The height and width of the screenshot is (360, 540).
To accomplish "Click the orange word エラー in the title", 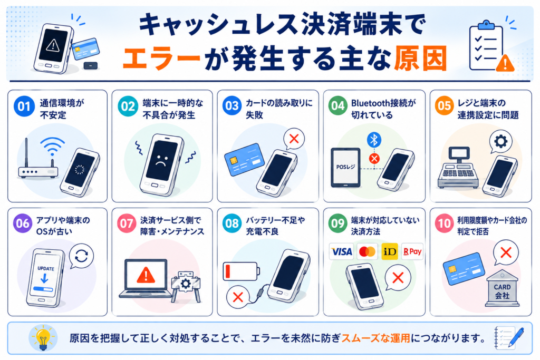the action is tap(161, 59).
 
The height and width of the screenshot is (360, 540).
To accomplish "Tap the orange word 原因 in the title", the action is tap(421, 58).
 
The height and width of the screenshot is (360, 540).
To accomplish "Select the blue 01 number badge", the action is tap(24, 106).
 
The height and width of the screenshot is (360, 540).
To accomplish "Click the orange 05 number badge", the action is tap(444, 105).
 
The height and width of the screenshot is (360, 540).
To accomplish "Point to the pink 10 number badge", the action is tap(444, 223).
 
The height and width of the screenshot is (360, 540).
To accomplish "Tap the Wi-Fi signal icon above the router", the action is tap(52, 146).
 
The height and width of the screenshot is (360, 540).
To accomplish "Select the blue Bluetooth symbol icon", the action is tap(374, 140).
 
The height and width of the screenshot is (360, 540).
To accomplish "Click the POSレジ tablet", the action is tap(345, 168).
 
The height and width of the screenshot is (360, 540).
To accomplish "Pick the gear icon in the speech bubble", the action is tap(501, 141).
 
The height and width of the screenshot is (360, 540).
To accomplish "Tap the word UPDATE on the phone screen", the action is tap(46, 268).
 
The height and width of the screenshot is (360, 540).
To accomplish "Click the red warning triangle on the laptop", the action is tap(146, 275).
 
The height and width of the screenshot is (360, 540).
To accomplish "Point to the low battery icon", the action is tap(241, 271).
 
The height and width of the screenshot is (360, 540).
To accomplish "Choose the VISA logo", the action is tap(341, 251).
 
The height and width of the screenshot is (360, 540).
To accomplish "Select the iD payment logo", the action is tap(390, 251).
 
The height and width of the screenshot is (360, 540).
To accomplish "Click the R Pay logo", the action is tap(412, 251).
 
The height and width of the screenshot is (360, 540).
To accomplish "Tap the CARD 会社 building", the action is tap(502, 288).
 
